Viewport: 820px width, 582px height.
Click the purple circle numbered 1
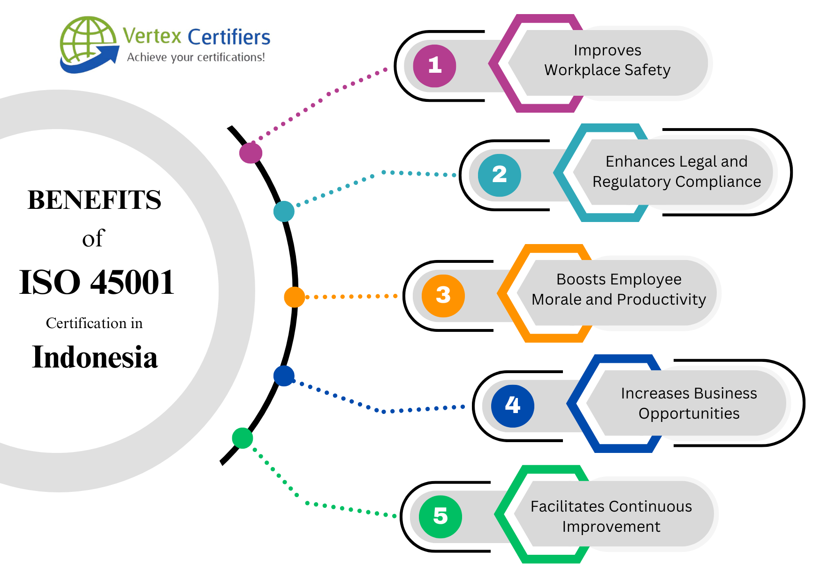434,66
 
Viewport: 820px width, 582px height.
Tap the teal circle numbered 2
499,175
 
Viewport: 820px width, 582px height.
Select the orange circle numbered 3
443,296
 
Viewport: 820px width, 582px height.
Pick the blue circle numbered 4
512,406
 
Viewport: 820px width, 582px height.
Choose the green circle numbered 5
440,516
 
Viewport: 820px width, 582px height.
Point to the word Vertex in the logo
152,36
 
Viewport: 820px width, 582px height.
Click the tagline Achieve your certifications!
196,57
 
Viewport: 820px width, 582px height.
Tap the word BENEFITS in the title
94,200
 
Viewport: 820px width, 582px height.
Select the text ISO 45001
97,283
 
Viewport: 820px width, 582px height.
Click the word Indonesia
95,358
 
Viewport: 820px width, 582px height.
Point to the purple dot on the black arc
251,153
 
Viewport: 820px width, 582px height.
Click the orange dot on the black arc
294,297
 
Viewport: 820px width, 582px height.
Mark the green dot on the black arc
243,438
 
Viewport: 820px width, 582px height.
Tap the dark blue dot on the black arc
284,376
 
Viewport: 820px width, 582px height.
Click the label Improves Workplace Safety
607,60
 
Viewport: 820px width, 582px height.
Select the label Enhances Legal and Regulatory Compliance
676,171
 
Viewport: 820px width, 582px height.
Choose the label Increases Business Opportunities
689,403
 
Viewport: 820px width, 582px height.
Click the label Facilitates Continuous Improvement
611,516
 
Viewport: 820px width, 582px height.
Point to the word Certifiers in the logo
229,37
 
